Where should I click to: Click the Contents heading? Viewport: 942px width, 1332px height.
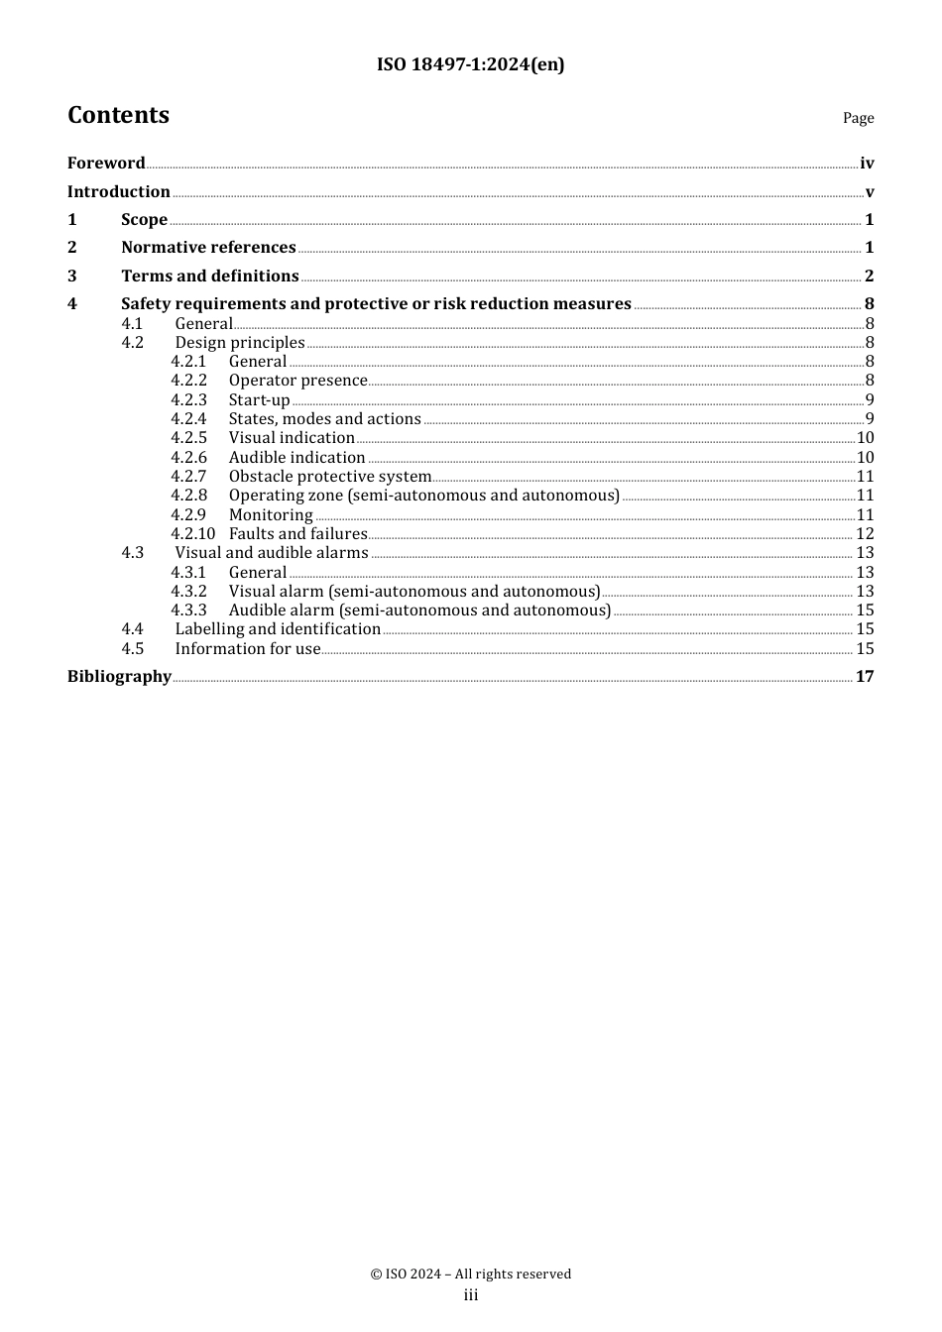pyautogui.click(x=118, y=115)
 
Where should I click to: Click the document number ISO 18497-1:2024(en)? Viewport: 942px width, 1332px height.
pyautogui.click(x=470, y=64)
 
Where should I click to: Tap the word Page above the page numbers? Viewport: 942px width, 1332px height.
pyautogui.click(x=858, y=118)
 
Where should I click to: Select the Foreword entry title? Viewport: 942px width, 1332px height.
pyautogui.click(x=106, y=163)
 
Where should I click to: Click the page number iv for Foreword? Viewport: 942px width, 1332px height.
pyautogui.click(x=867, y=164)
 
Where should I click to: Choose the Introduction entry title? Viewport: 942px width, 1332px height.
pyautogui.click(x=118, y=191)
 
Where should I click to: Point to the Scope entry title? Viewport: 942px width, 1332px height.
pyautogui.click(x=144, y=220)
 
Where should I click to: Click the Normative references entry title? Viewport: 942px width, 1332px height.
pyautogui.click(x=208, y=248)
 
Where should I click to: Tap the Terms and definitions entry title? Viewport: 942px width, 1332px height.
pyautogui.click(x=209, y=276)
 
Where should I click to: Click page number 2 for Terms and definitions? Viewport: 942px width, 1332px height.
pyautogui.click(x=869, y=276)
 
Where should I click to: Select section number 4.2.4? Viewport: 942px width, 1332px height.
pyautogui.click(x=188, y=419)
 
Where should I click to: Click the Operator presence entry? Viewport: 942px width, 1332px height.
pyautogui.click(x=297, y=381)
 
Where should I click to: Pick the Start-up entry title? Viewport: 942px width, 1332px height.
pyautogui.click(x=259, y=400)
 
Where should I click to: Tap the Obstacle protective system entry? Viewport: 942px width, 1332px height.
pyautogui.click(x=329, y=477)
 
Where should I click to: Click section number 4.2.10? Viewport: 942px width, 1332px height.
pyautogui.click(x=192, y=534)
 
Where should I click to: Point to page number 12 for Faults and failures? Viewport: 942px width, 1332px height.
pyautogui.click(x=865, y=534)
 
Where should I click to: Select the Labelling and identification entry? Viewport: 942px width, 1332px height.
pyautogui.click(x=278, y=629)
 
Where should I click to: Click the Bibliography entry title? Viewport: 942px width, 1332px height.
pyautogui.click(x=119, y=676)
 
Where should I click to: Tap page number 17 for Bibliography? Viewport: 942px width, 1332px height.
pyautogui.click(x=865, y=676)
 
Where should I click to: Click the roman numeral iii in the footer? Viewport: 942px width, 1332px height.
pyautogui.click(x=471, y=1295)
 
